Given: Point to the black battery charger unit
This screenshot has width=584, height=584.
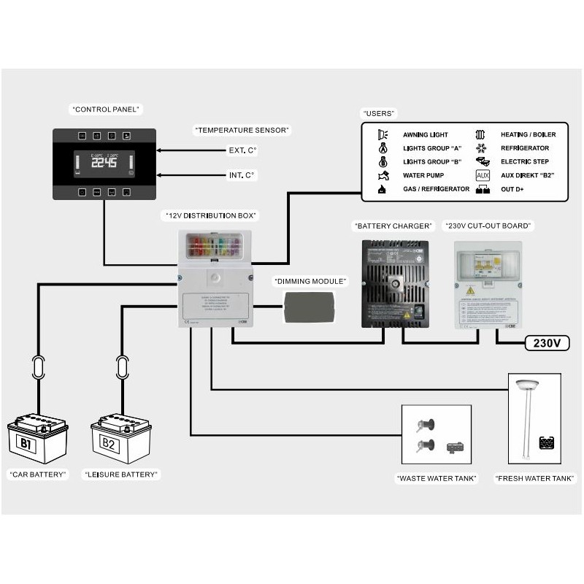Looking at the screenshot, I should pos(394,283).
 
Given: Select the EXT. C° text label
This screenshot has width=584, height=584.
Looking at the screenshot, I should pos(242,151).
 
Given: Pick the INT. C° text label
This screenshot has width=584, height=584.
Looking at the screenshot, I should pos(242,176).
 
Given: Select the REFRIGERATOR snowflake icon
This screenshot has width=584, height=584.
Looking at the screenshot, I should pos(481,148).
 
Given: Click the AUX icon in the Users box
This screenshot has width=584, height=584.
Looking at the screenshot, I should pos(482,176).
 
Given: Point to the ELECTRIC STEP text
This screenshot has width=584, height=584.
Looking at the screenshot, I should pos(524,162).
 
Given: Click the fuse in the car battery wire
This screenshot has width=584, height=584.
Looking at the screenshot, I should pos(36,364).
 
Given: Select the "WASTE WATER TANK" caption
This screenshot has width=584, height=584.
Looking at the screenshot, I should pos(436,479).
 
